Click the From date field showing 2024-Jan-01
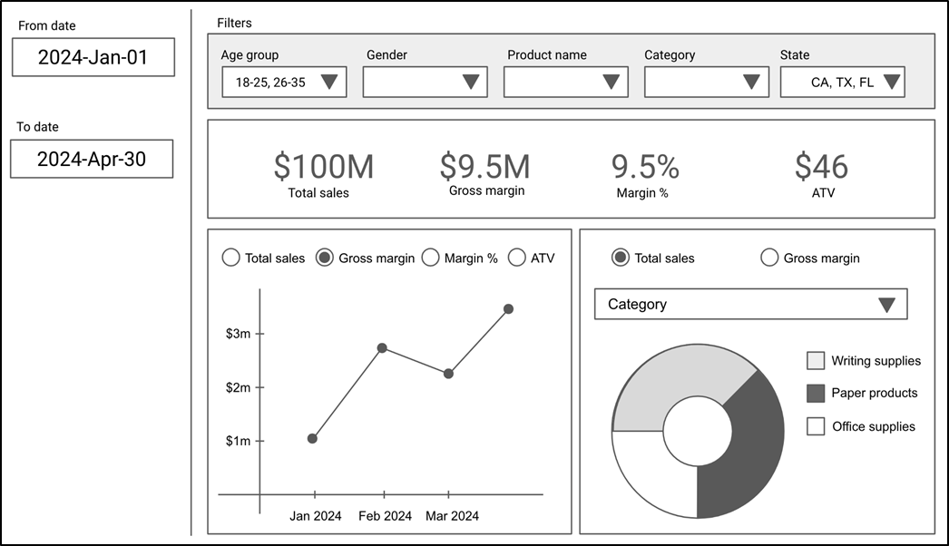point(93,57)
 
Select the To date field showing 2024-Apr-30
point(92,159)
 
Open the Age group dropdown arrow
point(329,82)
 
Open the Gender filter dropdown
point(425,82)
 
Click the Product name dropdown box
point(566,82)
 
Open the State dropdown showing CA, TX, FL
point(843,82)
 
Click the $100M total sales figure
point(324,167)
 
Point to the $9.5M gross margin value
point(484,167)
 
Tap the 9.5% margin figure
point(645,167)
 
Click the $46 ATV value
point(821,167)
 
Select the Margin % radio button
point(430,258)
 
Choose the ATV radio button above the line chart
point(517,258)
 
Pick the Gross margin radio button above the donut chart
point(769,258)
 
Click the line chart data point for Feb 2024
point(382,348)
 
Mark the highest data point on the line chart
point(508,309)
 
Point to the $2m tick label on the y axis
point(238,387)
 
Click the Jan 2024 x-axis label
point(316,516)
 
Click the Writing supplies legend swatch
point(816,361)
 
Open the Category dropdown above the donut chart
point(750,304)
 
